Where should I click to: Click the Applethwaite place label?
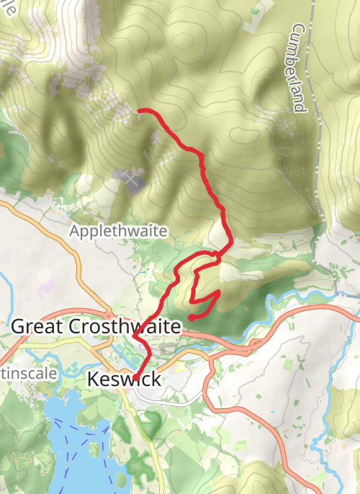point(119,231)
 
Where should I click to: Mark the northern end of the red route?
point(138,110)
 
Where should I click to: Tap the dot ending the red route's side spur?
point(190,317)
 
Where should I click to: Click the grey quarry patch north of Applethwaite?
point(131,178)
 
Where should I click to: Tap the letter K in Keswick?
point(92,379)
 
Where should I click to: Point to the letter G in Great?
point(18,326)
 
